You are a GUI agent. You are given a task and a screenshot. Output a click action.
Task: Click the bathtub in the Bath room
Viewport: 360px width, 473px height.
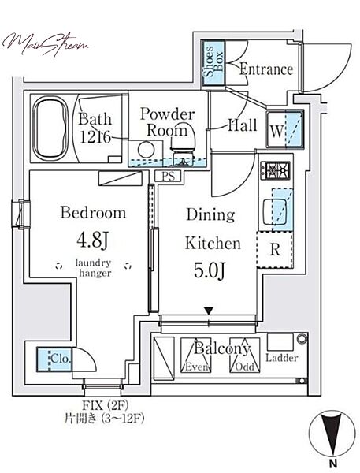pos(50,128)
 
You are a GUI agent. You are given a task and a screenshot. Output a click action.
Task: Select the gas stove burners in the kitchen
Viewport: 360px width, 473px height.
pos(275,170)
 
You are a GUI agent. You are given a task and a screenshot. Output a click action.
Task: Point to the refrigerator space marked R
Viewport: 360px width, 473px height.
pos(275,250)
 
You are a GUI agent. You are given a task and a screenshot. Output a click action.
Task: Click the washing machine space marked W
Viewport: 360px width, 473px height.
pos(285,128)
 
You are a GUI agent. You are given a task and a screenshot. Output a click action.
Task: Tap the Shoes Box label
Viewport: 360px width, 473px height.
pos(213,63)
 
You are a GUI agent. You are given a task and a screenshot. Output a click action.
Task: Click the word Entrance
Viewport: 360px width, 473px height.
pos(266,69)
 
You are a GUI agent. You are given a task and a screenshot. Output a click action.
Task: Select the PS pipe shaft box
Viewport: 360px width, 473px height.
pos(168,176)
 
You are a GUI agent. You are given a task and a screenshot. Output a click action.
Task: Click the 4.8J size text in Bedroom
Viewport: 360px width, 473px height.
pos(92,240)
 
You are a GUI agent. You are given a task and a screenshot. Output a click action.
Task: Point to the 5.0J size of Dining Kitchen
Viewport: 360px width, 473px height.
pos(209,270)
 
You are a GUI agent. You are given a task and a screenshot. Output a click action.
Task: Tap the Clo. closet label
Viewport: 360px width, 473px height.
pos(61,359)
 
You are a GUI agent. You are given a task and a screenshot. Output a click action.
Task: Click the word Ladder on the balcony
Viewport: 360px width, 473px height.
pos(281,358)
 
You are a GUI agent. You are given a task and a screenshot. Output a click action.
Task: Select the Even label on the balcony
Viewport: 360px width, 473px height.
pos(197,367)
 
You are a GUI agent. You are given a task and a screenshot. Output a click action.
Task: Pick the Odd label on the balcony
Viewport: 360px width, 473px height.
pos(244,367)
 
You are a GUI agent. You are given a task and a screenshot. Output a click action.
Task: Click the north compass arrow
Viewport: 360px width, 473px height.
pos(332,434)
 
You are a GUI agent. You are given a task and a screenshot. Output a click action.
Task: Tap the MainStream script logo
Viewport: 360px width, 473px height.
pos(45,45)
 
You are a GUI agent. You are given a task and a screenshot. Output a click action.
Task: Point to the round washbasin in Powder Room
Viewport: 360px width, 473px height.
pos(146,149)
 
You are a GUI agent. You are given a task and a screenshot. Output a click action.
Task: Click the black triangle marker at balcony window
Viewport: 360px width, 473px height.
pos(209,311)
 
